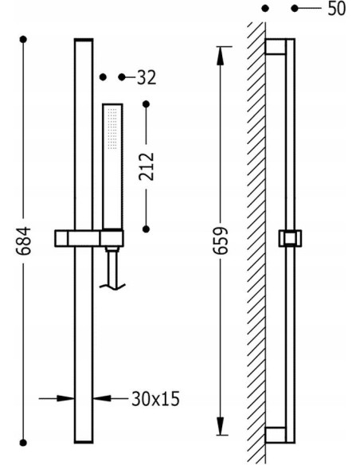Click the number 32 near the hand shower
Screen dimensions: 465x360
click(146, 77)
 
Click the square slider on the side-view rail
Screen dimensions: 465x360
click(288, 238)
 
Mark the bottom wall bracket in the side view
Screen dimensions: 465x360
click(274, 433)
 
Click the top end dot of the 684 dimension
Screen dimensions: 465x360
click(25, 38)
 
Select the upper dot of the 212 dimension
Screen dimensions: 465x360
click(146, 104)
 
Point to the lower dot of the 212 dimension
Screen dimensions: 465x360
click(146, 229)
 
